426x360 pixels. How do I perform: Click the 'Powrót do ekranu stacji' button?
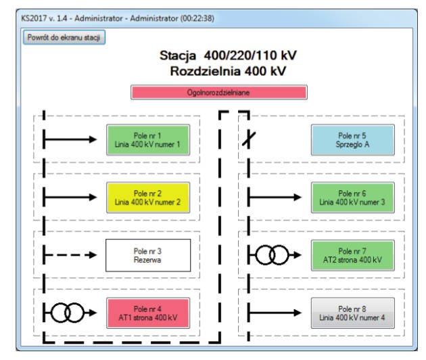(64, 37)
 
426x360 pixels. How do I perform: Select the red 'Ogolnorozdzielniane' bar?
(219, 93)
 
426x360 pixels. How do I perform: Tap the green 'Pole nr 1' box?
(148, 140)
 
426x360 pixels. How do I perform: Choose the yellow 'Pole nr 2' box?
(148, 198)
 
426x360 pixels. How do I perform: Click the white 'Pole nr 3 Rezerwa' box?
(148, 255)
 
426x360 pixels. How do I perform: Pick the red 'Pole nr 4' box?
(148, 313)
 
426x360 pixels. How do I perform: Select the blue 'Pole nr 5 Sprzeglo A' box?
(353, 140)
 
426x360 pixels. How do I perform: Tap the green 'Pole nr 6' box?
(353, 198)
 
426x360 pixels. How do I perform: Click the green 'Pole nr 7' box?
(353, 255)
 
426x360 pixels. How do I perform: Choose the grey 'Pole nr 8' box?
(353, 313)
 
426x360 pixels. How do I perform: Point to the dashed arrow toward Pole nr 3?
(70, 254)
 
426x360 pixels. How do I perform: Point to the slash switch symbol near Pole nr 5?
(249, 139)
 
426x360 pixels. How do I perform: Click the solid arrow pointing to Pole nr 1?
(70, 139)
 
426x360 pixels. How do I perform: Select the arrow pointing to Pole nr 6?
(275, 197)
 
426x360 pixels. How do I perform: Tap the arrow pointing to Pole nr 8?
(275, 313)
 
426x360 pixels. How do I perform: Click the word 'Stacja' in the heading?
(178, 56)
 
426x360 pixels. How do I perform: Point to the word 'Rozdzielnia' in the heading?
(206, 71)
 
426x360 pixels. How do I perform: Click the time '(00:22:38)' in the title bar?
(197, 18)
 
